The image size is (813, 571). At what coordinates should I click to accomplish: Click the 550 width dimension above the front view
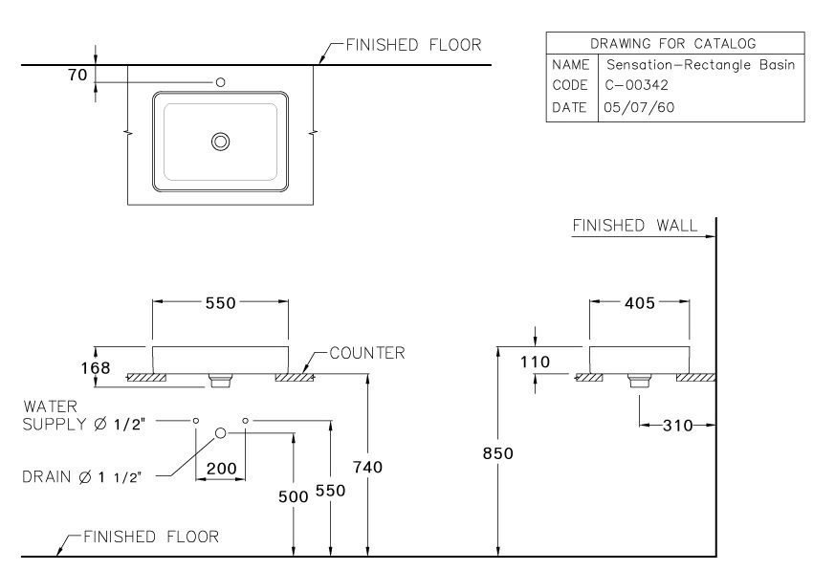(221, 303)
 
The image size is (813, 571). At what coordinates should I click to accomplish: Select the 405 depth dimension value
(639, 303)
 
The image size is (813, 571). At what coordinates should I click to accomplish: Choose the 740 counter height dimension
(367, 467)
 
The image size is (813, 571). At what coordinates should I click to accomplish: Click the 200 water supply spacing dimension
(221, 470)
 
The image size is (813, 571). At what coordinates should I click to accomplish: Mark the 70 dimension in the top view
(77, 74)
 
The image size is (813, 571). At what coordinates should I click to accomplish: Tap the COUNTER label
(366, 353)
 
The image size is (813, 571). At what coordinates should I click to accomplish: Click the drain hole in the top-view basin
(221, 142)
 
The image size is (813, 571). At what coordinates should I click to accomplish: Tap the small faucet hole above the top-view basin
(221, 83)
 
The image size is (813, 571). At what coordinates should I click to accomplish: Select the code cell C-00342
(637, 85)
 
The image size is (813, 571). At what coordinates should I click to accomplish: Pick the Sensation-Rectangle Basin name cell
(700, 64)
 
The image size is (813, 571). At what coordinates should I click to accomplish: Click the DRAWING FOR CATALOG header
(672, 43)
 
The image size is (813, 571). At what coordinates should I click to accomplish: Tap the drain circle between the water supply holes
(221, 433)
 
